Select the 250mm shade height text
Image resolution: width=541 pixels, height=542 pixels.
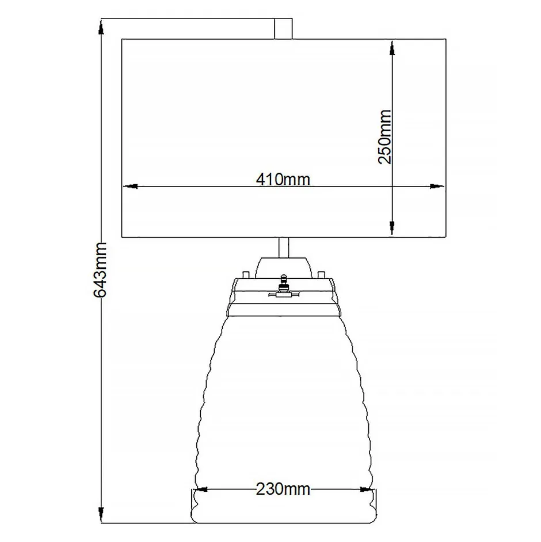point(384,137)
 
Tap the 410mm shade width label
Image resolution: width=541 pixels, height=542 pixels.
point(283,180)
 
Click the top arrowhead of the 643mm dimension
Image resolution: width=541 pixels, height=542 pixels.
point(101,26)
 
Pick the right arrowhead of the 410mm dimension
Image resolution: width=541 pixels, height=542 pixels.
point(439,186)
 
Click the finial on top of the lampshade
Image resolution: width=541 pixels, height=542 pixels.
point(283,28)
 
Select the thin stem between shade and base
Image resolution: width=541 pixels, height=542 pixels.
point(283,248)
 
